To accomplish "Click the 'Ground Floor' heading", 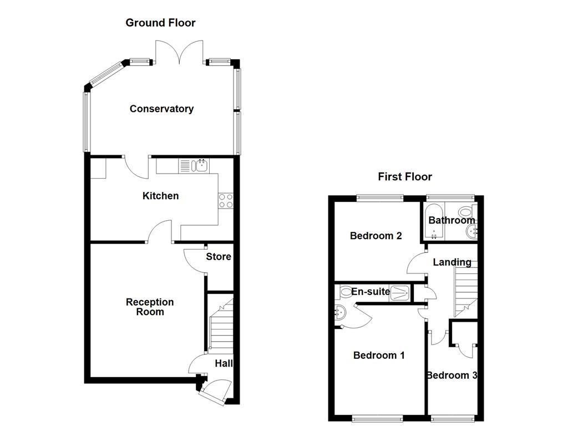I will coord(160,23).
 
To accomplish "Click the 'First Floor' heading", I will coord(405,177).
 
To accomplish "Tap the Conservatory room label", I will coord(161,109).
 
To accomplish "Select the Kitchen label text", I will coord(160,196).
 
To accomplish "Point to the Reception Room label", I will coord(150,307).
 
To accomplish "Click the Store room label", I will coord(219,257).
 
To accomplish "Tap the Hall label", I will coord(224,364).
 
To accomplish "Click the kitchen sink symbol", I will coord(200,165).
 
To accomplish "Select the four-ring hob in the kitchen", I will coord(226,200).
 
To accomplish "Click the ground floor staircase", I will coord(220,327).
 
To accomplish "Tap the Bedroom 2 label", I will coord(376,236).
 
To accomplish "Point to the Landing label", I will coord(452,262).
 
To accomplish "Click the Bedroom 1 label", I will coord(379,355).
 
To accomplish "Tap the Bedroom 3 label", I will coord(451,376).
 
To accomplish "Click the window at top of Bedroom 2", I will coord(380,198).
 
